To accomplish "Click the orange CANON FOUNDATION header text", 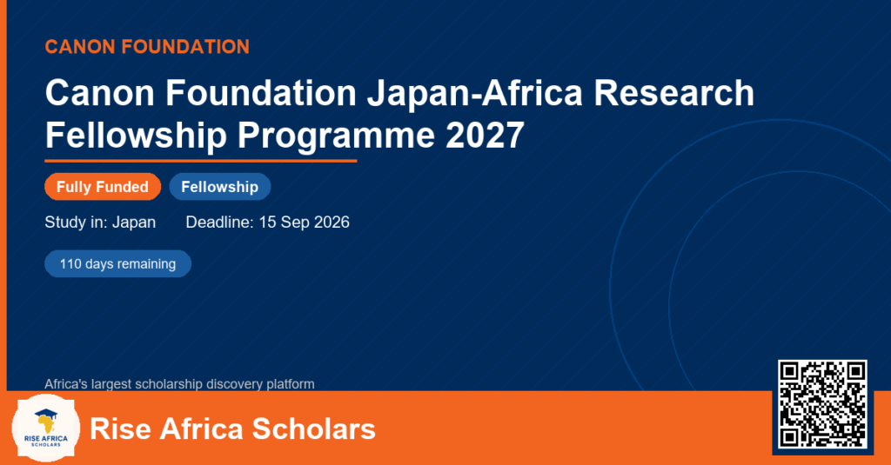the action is pos(147,47).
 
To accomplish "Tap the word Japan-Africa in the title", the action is pos(475,92).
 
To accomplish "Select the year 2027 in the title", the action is pos(485,135).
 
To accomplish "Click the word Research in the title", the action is pos(674,92).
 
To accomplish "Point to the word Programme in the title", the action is pos(336,136).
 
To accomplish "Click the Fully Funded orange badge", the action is pos(103,187).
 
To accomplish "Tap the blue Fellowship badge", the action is pos(220,187).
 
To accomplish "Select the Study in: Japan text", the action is pos(100,222).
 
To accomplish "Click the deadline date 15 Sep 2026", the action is pos(304,222).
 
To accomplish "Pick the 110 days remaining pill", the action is pos(118,263).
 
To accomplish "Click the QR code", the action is pos(822,404).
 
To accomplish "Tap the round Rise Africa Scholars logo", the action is pos(46,428).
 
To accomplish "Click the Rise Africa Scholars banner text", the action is pos(233,428).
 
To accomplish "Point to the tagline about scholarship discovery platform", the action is pos(179,384).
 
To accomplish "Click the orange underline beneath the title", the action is pos(201,162).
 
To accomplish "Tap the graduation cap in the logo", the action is pos(45,414).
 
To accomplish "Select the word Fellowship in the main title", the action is pos(136,136).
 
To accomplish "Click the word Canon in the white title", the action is pos(100,92).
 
